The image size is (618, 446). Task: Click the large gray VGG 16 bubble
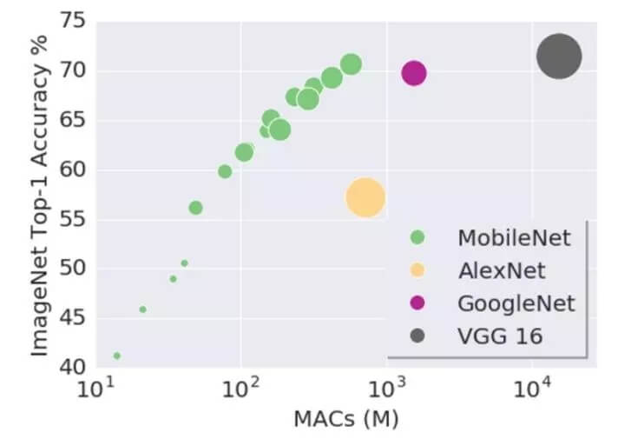point(558,57)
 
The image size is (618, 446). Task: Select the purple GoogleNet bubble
point(414,73)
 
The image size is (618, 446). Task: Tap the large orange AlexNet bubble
point(365,197)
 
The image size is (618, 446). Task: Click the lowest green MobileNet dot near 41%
point(116,356)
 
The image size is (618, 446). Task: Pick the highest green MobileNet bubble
point(351,64)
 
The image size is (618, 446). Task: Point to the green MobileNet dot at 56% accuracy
point(195,208)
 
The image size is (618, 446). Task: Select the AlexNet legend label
point(502,270)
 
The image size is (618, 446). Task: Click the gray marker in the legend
point(417,336)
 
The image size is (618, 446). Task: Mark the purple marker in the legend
point(417,303)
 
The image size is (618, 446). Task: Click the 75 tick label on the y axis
point(73,22)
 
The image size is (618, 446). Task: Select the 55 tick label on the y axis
point(73,219)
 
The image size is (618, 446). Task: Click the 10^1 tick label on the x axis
point(93,389)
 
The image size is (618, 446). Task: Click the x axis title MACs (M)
point(345,421)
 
